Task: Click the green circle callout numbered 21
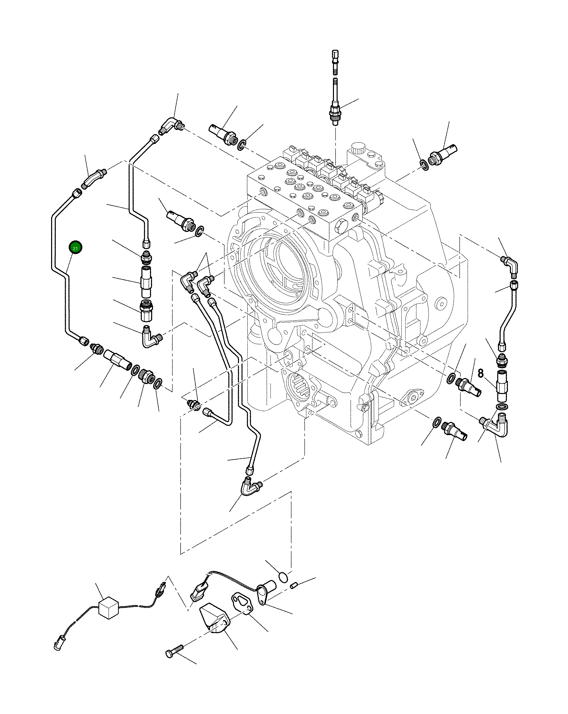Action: click(75, 248)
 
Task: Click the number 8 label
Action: click(481, 373)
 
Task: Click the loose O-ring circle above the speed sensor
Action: click(283, 577)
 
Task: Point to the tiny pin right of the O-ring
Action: click(293, 586)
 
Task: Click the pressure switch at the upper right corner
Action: click(443, 153)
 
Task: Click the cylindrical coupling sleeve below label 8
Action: click(502, 387)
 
